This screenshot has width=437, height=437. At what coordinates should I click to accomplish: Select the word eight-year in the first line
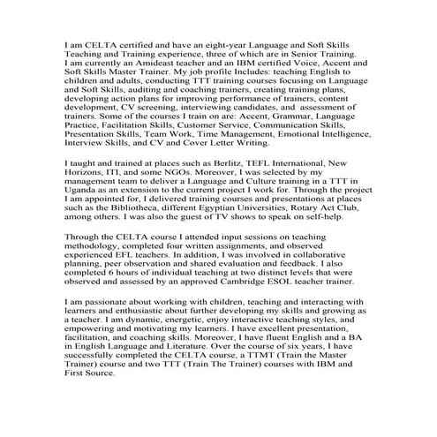[x=227, y=43]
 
